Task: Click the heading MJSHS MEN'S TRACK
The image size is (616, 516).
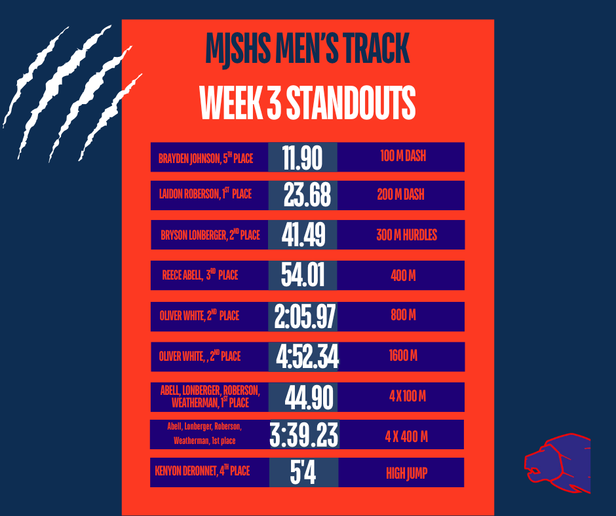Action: point(307,49)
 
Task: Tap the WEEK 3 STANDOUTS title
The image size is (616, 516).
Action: point(307,102)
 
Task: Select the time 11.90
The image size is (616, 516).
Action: point(302,158)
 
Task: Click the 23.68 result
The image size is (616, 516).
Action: point(307,195)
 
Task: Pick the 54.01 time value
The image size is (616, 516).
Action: point(303,276)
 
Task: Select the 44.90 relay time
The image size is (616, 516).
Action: point(309,397)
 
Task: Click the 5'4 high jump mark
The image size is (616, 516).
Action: point(303,473)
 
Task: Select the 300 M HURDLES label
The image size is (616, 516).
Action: point(406,235)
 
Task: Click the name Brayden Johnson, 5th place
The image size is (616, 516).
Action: point(205,158)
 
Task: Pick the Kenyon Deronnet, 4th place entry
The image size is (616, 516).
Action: point(202,471)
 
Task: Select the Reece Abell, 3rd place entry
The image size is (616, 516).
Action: point(200,276)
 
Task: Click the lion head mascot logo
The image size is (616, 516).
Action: point(557,461)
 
